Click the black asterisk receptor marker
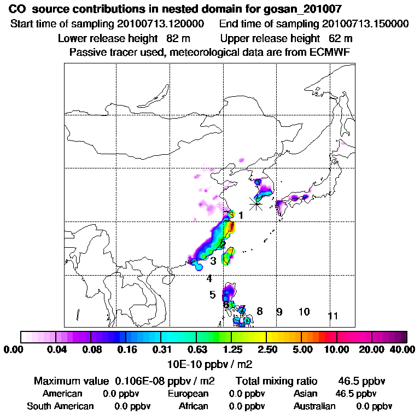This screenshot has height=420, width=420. [256, 203]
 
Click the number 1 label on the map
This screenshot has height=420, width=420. [241, 215]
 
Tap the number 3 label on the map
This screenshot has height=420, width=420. [213, 261]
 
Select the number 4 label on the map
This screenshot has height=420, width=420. [209, 278]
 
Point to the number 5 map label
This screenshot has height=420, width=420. [212, 295]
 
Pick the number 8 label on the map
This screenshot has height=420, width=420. [260, 311]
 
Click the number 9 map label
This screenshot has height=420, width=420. [279, 312]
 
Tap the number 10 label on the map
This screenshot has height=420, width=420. [304, 312]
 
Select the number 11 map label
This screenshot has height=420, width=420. [332, 316]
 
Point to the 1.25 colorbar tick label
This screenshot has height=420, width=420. [233, 349]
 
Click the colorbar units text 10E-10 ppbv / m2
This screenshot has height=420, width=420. [210, 363]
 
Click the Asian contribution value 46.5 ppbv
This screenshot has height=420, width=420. [355, 393]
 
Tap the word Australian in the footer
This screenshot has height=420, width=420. [314, 406]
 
